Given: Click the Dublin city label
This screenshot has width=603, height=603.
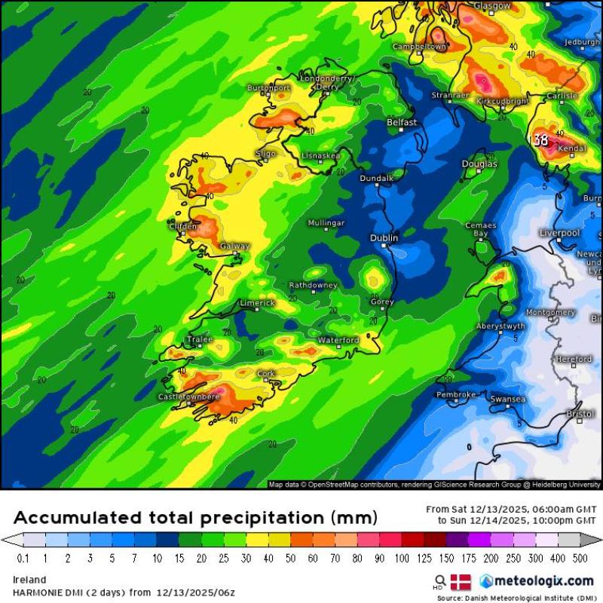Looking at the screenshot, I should point(384,238).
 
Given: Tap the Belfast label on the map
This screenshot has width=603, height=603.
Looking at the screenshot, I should point(402,122).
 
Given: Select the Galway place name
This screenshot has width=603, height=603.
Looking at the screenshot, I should point(234,246).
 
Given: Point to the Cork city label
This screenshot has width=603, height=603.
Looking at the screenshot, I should point(266,374).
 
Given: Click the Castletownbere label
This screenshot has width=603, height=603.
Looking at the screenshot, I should point(188,396).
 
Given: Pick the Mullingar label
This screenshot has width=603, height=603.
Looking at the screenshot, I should point(326,223).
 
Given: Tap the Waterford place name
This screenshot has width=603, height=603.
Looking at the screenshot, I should point(338,340).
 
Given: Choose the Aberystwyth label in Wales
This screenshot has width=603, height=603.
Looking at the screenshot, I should point(500,326).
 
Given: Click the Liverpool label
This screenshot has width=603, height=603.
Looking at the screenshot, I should point(559,233).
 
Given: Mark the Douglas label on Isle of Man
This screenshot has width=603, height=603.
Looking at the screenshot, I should point(479,164).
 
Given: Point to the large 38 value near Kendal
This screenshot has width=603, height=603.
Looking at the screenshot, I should point(540,140).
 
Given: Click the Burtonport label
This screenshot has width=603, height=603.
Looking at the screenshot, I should point(268,88).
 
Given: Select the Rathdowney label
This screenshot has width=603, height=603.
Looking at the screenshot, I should point(313,286).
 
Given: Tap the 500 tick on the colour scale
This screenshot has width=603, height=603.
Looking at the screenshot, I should point(581,559).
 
